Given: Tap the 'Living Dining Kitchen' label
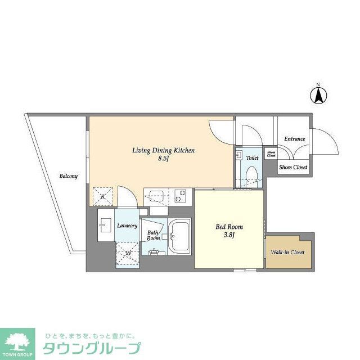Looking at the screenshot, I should tap(163, 150).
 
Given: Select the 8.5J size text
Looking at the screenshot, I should tap(163, 159).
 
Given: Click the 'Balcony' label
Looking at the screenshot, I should tap(69, 176).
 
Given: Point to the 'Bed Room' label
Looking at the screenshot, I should tap(229, 227).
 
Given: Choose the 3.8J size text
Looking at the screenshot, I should tap(229, 236).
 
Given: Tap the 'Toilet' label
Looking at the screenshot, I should tap(252, 158).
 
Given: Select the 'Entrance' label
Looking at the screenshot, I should tap(294, 139).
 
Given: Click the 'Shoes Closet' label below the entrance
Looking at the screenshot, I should tap(294, 167).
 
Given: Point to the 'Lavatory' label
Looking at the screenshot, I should tap(127, 226).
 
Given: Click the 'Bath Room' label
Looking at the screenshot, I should tap(154, 235).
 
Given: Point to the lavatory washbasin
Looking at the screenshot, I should tap(105, 228).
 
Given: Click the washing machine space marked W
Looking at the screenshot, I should tap(128, 253).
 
